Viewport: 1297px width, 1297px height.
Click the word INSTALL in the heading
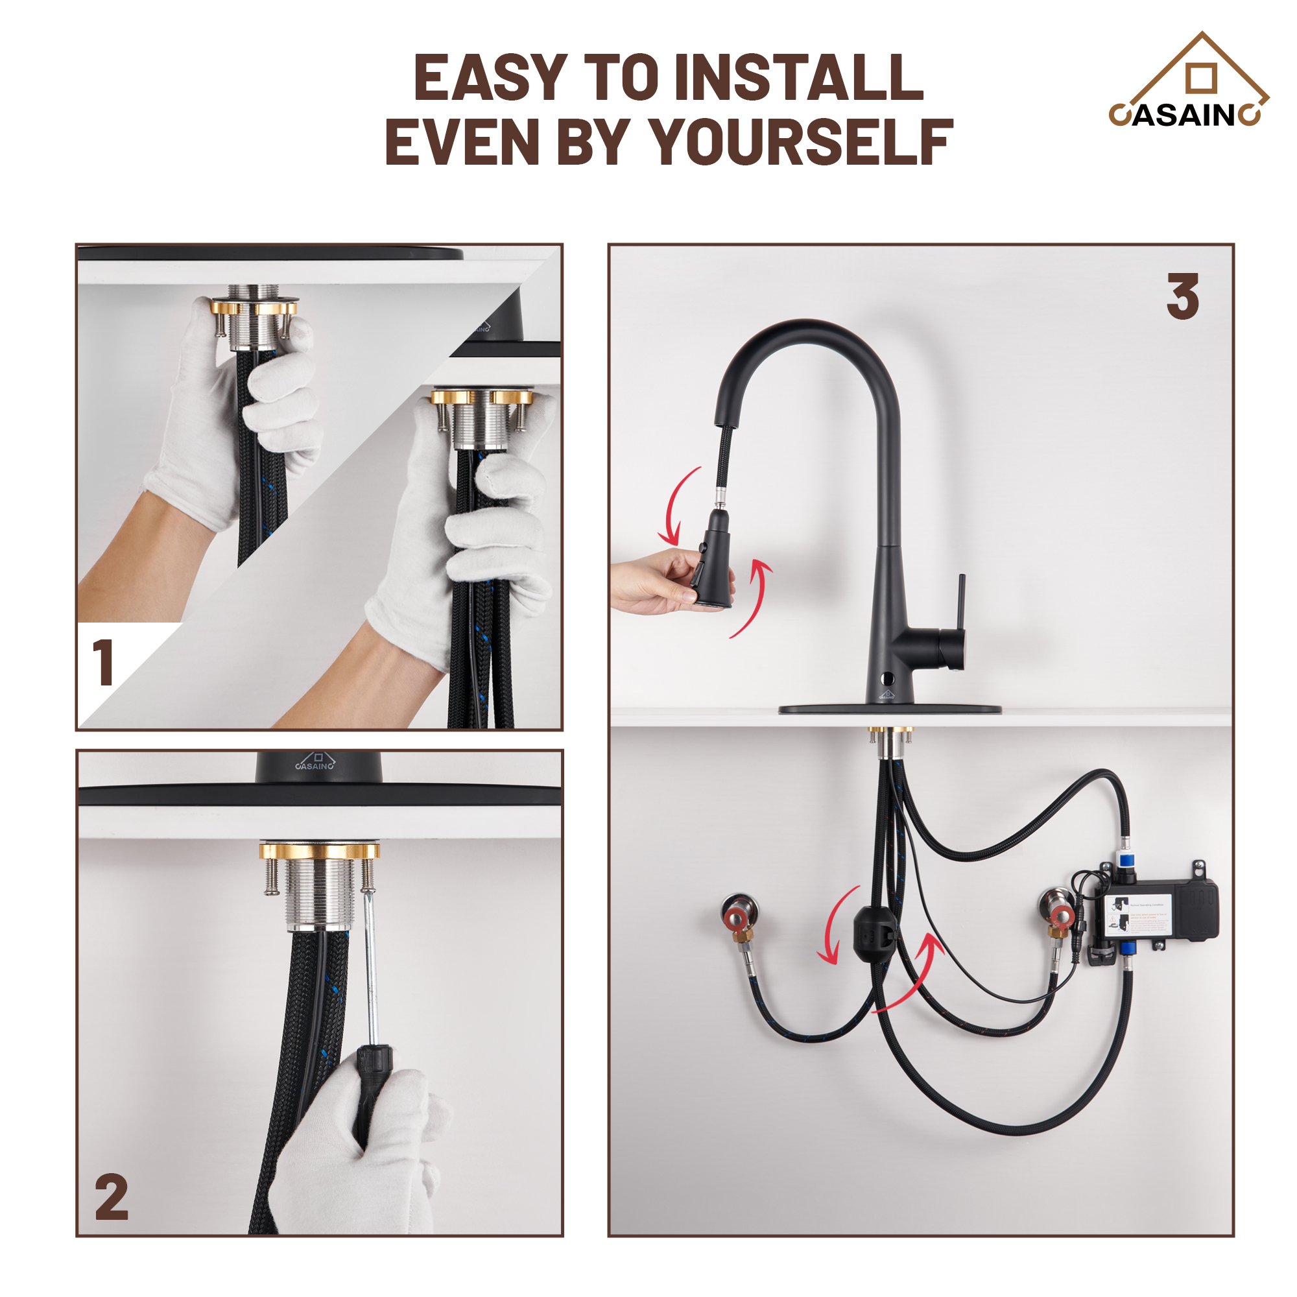[x=798, y=78]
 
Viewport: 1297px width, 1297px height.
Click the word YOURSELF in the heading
[x=802, y=143]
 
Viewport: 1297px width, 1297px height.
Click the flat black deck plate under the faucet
[x=890, y=709]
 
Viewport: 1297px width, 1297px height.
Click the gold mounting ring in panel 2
[x=320, y=853]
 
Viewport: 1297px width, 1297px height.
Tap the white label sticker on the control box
[x=1139, y=914]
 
